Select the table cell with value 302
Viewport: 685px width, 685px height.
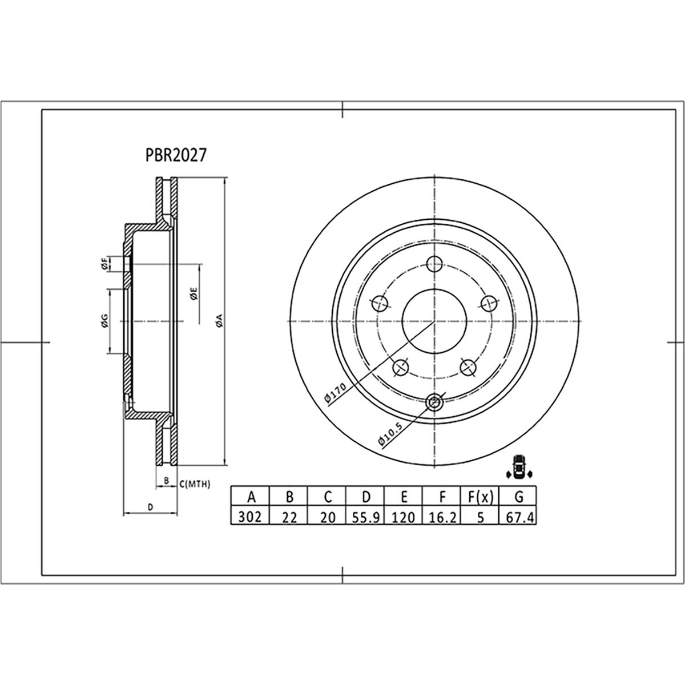249,517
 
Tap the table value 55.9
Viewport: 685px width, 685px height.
365,517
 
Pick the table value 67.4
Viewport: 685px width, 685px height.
520,517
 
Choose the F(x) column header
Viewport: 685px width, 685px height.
481,497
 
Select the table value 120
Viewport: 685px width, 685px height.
404,517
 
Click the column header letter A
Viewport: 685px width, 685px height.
249,497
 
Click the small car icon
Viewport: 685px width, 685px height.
518,466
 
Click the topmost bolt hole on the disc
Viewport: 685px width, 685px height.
435,264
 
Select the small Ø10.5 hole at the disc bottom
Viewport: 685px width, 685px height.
435,402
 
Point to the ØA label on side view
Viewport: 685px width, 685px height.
219,322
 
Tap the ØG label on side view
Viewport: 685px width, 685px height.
104,322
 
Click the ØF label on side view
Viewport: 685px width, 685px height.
104,264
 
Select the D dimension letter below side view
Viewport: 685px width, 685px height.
150,506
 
